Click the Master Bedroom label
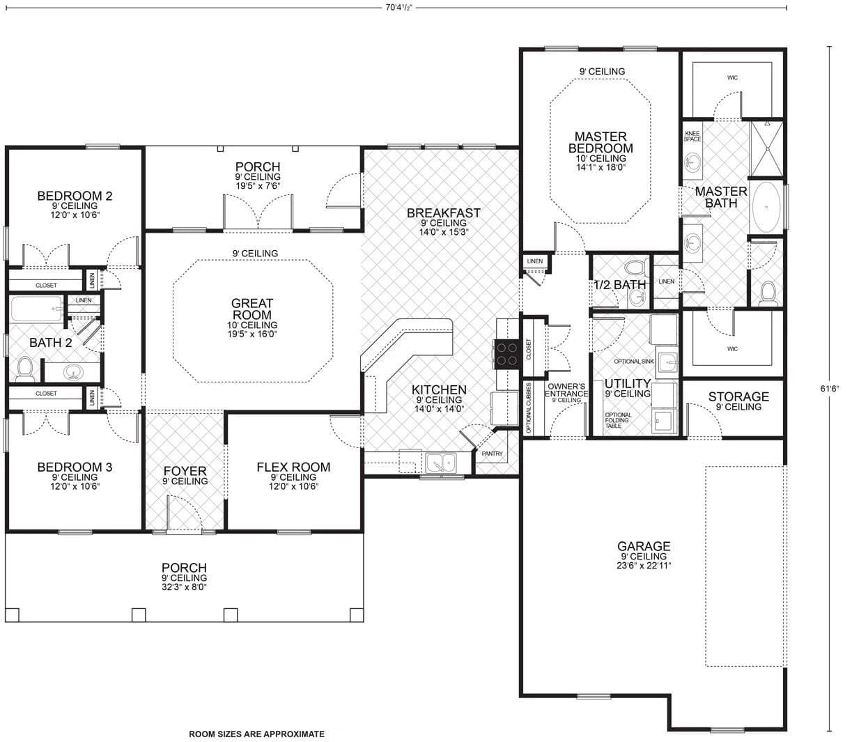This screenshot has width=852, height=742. click(x=600, y=142)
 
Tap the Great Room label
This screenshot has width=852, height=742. click(x=252, y=309)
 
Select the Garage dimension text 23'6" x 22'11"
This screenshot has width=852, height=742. click(x=644, y=566)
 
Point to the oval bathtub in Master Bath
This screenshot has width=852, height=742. click(x=766, y=208)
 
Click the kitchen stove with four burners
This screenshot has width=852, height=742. click(x=506, y=353)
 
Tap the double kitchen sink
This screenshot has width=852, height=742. click(x=440, y=462)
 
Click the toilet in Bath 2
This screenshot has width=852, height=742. click(x=25, y=369)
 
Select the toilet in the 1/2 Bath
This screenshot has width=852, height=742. click(x=635, y=268)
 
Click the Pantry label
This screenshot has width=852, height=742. click(x=493, y=454)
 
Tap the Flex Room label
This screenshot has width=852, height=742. click(x=293, y=467)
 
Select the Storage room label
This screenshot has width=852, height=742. click(x=738, y=397)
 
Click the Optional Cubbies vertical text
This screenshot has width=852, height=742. click(x=529, y=408)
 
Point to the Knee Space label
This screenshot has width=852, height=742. click(x=692, y=136)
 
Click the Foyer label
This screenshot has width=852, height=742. click(x=185, y=472)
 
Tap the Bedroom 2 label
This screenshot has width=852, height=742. click(x=75, y=196)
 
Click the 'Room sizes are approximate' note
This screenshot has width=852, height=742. click(x=256, y=734)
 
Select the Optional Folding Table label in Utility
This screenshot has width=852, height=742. click(x=619, y=420)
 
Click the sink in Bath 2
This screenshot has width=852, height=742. click(x=73, y=373)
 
